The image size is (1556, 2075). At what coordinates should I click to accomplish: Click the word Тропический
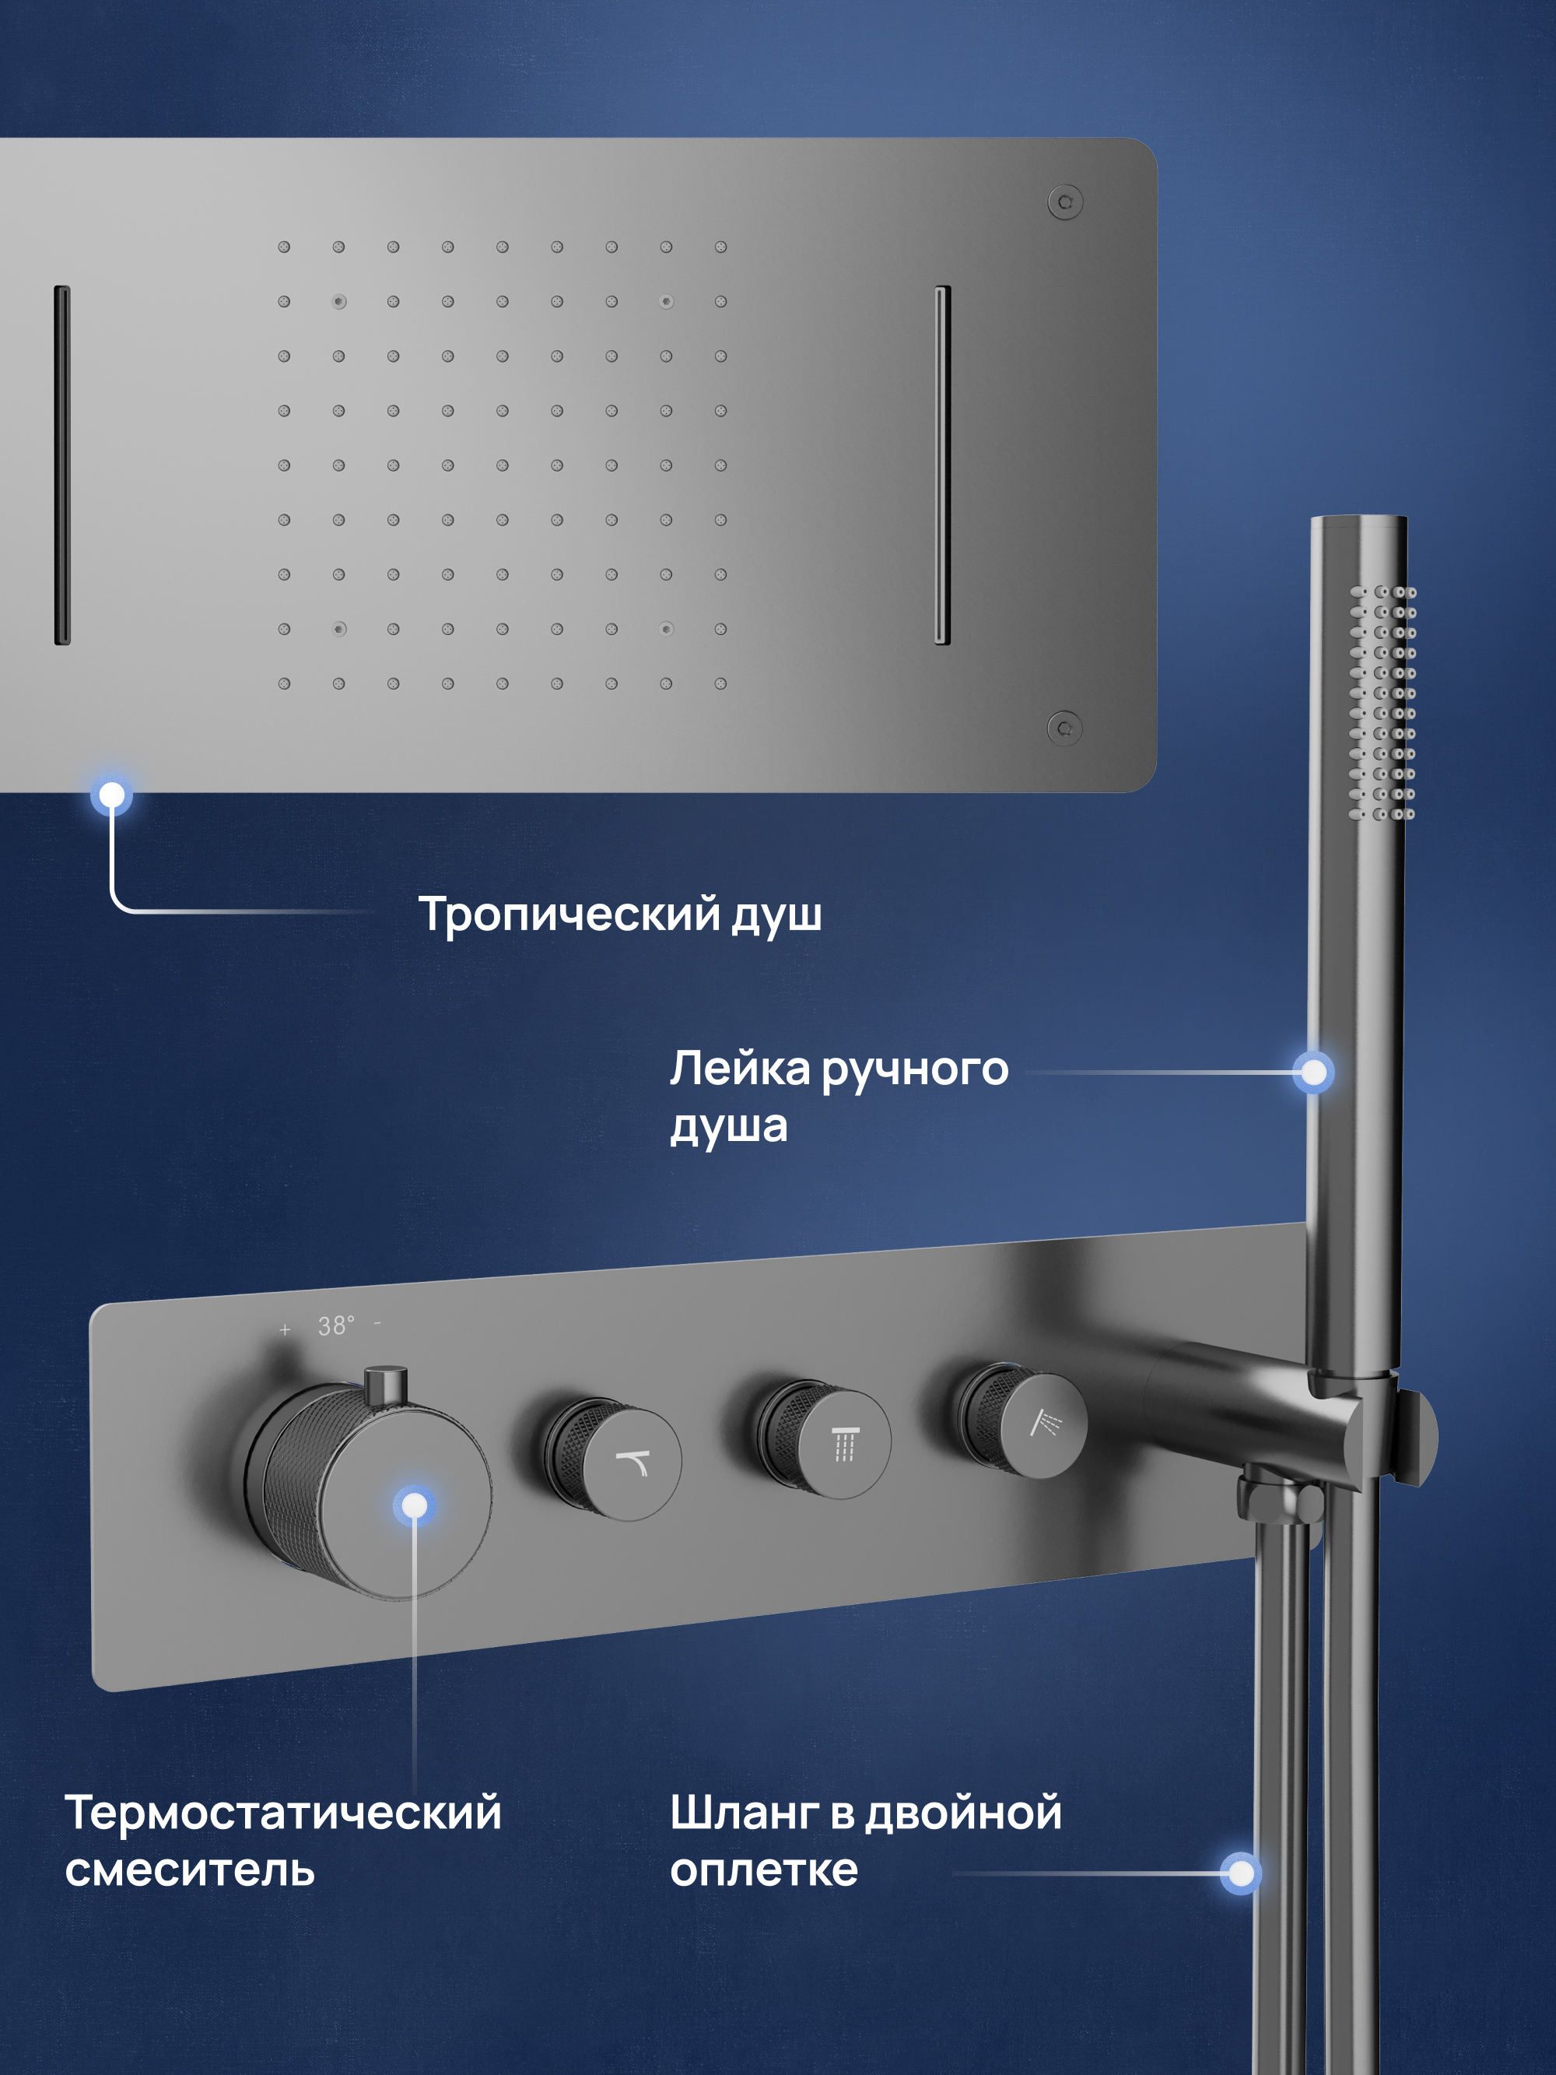coord(569,915)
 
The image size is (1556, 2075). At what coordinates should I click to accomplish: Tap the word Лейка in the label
coord(739,1069)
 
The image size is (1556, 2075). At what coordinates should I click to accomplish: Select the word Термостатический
coord(283,1813)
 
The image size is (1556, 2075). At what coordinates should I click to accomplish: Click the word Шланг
coord(744,1813)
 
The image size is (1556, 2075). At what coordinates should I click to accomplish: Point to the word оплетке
coord(763,1870)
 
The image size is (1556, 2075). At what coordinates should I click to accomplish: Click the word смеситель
coord(190,1870)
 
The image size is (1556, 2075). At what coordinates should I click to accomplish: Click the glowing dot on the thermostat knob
coord(414,1505)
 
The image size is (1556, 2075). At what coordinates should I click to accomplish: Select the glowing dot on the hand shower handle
coord(1313,1073)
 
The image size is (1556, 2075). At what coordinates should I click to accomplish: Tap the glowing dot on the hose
coord(1241,1873)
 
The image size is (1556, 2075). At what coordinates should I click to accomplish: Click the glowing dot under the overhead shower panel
coord(111,795)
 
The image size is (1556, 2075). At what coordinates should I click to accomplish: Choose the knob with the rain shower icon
coord(823,1439)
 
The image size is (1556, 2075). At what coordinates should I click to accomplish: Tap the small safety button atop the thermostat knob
coord(385,1385)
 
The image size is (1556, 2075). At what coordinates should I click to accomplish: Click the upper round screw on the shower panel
coord(1065,202)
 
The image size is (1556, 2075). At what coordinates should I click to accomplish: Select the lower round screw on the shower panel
coord(1064,728)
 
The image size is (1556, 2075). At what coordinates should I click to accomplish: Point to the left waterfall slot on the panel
coord(62,465)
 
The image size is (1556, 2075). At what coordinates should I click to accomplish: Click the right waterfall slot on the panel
coord(943,465)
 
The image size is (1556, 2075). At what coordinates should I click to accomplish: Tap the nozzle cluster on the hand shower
coord(1383,703)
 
